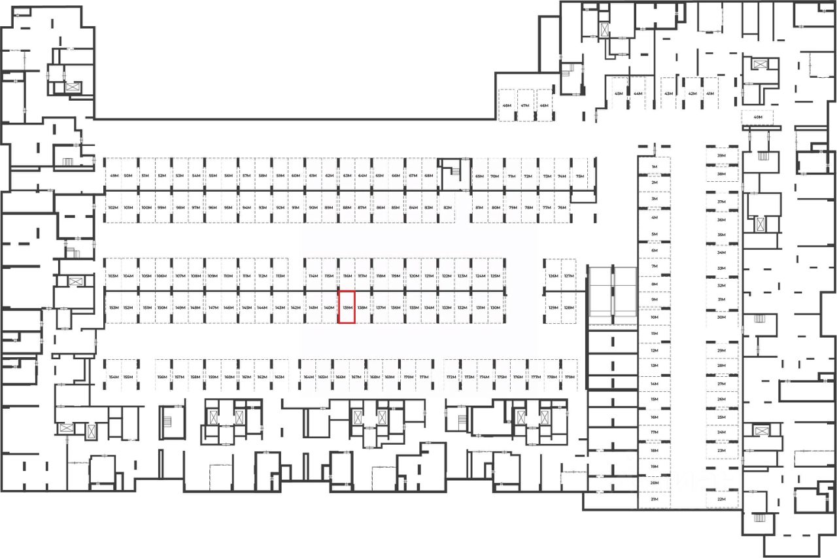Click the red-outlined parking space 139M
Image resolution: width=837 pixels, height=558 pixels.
pyautogui.click(x=347, y=307)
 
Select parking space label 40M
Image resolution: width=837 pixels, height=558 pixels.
pyautogui.click(x=758, y=118)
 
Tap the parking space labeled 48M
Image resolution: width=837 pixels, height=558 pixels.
pyautogui.click(x=507, y=105)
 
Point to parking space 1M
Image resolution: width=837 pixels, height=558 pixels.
pyautogui.click(x=654, y=167)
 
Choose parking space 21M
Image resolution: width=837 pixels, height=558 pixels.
pyautogui.click(x=654, y=499)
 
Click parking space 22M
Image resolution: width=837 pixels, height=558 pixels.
pyautogui.click(x=722, y=499)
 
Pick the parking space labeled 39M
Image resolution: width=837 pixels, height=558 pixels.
pyautogui.click(x=722, y=156)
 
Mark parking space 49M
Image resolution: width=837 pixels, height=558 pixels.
pyautogui.click(x=114, y=176)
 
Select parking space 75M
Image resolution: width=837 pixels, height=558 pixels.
pyautogui.click(x=579, y=176)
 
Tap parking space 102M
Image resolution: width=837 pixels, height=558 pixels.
pyautogui.click(x=112, y=207)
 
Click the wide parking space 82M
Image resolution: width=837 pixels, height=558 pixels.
pyautogui.click(x=447, y=207)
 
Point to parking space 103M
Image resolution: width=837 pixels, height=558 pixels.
pyautogui.click(x=113, y=276)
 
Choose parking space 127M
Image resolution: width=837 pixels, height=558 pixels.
pyautogui.click(x=569, y=276)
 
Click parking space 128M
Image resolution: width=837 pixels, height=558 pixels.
pyautogui.click(x=569, y=307)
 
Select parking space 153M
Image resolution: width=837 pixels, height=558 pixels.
pyautogui.click(x=113, y=307)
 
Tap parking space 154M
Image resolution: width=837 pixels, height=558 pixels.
pyautogui.click(x=114, y=377)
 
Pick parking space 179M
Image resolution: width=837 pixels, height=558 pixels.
pyautogui.click(x=570, y=377)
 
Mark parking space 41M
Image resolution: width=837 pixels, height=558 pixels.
pyautogui.click(x=709, y=94)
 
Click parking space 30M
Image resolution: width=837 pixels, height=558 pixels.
pyautogui.click(x=722, y=317)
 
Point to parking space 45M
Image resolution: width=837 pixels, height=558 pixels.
pyautogui.click(x=619, y=94)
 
